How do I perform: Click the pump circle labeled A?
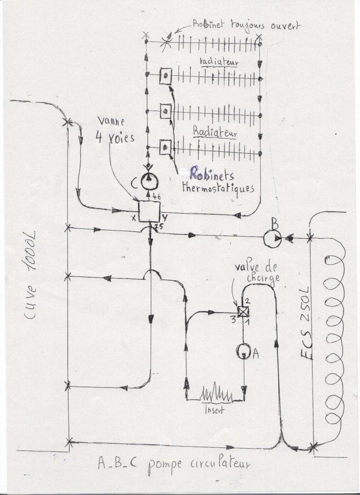pyautogui.click(x=243, y=351)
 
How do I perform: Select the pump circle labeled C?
pyautogui.click(x=150, y=182)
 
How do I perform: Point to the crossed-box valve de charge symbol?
pyautogui.click(x=243, y=311)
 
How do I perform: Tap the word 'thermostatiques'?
pyautogui.click(x=218, y=188)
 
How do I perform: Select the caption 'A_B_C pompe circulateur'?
pyautogui.click(x=174, y=464)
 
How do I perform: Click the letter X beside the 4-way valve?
pyautogui.click(x=133, y=218)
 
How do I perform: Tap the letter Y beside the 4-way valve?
pyautogui.click(x=165, y=217)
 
